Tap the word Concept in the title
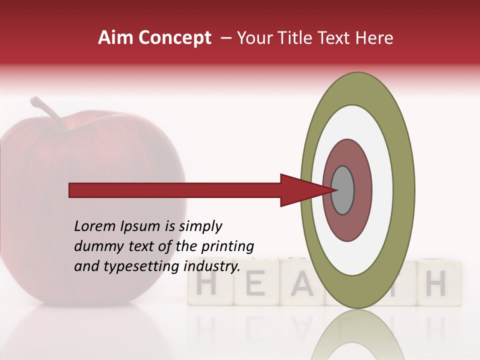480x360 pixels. [x=174, y=38]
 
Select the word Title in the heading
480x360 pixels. [x=295, y=38]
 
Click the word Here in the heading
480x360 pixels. [x=374, y=38]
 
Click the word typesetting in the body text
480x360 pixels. [x=141, y=266]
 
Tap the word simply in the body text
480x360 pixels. [x=199, y=226]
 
